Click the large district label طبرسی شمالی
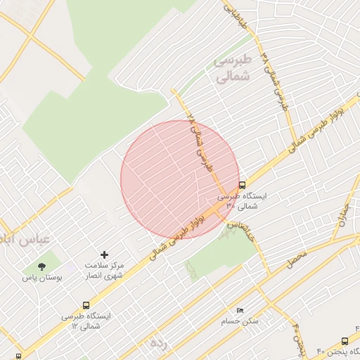point(231,70)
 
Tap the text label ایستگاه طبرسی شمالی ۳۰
point(242,202)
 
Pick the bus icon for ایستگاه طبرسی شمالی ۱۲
point(86,306)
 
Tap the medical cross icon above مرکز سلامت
point(105,254)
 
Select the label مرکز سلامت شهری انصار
point(104,271)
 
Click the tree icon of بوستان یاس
point(41,266)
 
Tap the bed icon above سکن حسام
point(240,310)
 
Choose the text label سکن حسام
point(240,321)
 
